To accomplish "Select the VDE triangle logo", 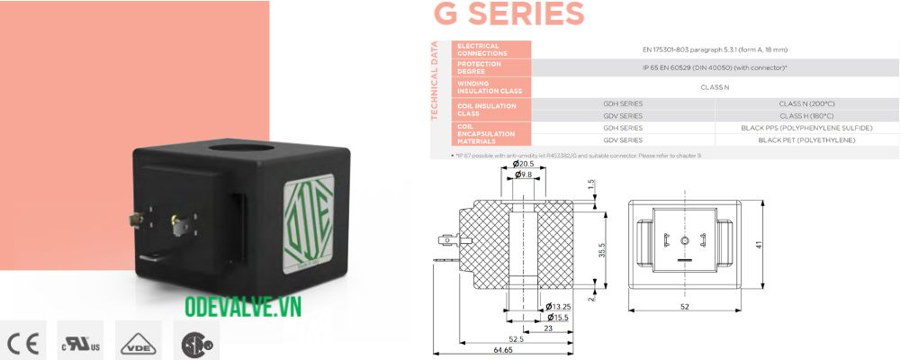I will (x=138, y=342).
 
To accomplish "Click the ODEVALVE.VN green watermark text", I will (x=242, y=308).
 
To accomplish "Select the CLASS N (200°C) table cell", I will (x=805, y=103).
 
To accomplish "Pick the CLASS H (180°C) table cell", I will (x=805, y=116).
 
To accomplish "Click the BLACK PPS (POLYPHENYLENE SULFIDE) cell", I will (x=805, y=129).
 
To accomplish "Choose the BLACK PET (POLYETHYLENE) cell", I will (x=805, y=141).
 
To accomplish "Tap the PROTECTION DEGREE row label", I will (x=479, y=67).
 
